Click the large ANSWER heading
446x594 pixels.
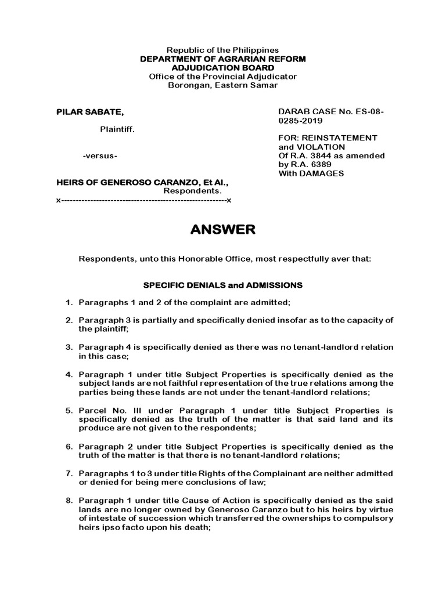223,230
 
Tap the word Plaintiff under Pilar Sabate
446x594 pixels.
118,129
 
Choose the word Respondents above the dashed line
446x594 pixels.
192,191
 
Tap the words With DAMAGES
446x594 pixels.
311,173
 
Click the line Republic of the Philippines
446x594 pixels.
223,50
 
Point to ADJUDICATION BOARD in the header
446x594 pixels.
223,68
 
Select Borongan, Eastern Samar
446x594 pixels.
223,85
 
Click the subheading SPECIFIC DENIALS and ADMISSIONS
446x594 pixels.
223,285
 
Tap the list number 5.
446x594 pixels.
68,411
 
